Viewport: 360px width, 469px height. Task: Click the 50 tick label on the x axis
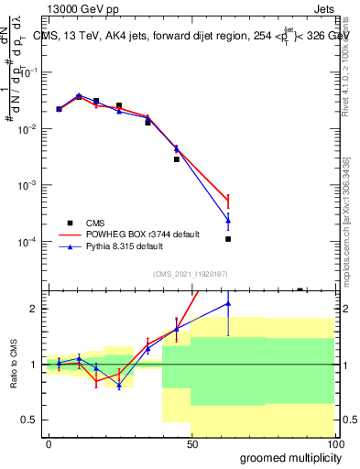[x=191, y=444]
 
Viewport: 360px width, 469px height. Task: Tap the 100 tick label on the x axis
[x=334, y=444]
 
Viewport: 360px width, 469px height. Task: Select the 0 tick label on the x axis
[x=49, y=444]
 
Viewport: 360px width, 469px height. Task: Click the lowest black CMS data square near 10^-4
[x=228, y=239]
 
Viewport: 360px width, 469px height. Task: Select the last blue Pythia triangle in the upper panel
[x=228, y=221]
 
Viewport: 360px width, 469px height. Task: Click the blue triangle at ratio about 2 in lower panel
[x=228, y=303]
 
